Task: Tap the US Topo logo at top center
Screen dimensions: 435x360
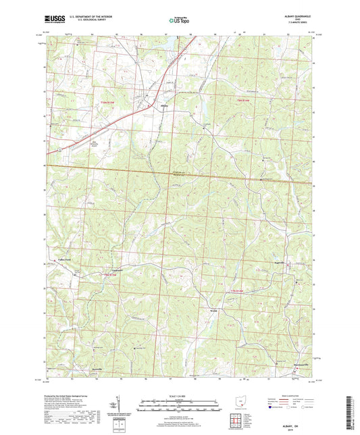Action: pos(178,21)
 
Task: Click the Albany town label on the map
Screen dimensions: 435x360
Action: pos(164,105)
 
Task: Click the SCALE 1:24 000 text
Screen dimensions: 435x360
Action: pos(180,396)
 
